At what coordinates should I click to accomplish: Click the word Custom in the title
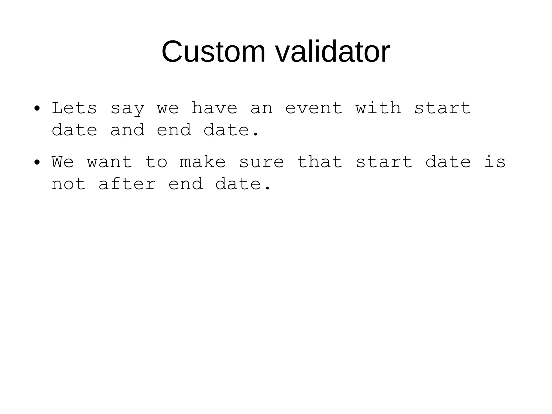(x=213, y=51)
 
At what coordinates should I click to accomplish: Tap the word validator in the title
(x=332, y=51)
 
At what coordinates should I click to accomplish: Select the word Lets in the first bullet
(x=74, y=108)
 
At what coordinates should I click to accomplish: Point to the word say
(x=127, y=109)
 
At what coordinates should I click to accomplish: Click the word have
(x=214, y=108)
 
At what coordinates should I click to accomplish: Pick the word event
(x=314, y=108)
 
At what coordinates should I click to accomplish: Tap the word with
(x=378, y=108)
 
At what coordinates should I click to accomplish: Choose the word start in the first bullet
(x=443, y=108)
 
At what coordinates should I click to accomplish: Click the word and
(x=127, y=130)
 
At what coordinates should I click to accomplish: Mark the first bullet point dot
(x=37, y=109)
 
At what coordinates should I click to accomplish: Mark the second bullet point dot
(x=37, y=162)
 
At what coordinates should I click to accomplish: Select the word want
(x=109, y=162)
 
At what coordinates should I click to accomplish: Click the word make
(x=203, y=162)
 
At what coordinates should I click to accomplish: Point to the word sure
(x=261, y=162)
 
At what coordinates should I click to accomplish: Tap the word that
(x=320, y=162)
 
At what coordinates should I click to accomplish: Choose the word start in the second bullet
(x=384, y=162)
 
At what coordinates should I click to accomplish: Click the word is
(x=495, y=162)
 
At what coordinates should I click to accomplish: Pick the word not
(x=69, y=184)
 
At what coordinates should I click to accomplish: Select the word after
(x=127, y=184)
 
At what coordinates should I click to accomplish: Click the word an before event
(x=261, y=109)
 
